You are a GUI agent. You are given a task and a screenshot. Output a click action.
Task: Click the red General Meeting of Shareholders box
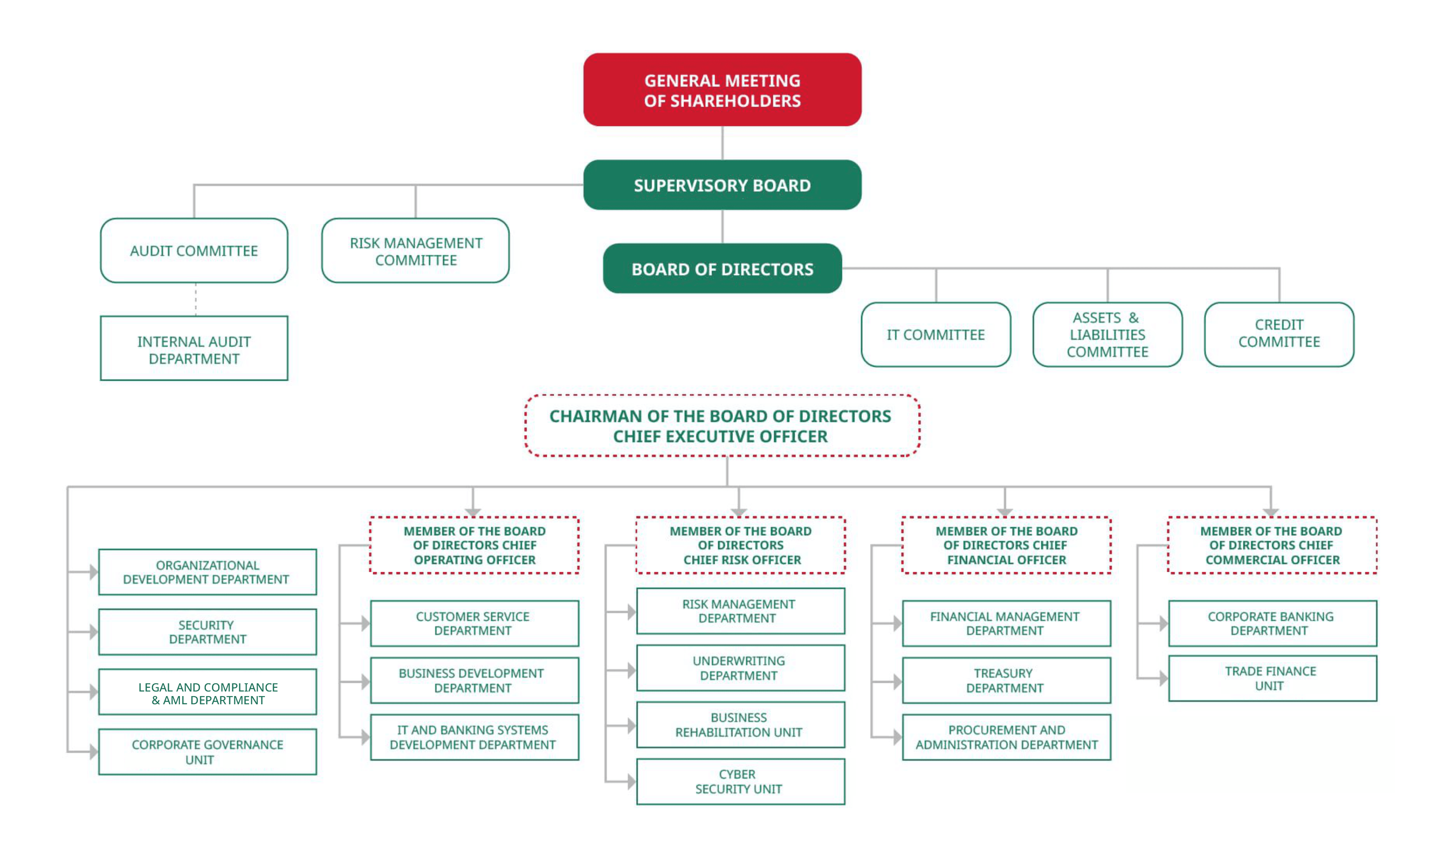pos(722,90)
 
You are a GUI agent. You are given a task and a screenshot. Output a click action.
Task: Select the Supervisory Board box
pos(722,185)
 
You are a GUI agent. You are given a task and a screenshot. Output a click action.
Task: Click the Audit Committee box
pos(194,251)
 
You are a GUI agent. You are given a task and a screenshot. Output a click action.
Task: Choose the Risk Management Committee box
pos(415,251)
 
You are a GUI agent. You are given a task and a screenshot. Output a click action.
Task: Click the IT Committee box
pos(936,334)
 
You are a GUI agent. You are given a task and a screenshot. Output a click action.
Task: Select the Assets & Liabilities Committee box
pos(1107,334)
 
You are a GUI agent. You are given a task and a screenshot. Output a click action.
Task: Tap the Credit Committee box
pos(1279,334)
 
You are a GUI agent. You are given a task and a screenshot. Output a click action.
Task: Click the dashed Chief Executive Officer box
pos(722,426)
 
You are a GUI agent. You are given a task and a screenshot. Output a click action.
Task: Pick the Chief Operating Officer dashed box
pos(474,545)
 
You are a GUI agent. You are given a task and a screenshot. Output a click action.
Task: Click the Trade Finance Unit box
pos(1272,678)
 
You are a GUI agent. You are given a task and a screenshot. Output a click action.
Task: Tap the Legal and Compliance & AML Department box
pos(208,692)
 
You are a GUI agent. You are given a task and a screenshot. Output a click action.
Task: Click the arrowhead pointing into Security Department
pos(93,632)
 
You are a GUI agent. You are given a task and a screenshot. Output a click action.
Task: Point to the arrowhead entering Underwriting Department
pos(631,670)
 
